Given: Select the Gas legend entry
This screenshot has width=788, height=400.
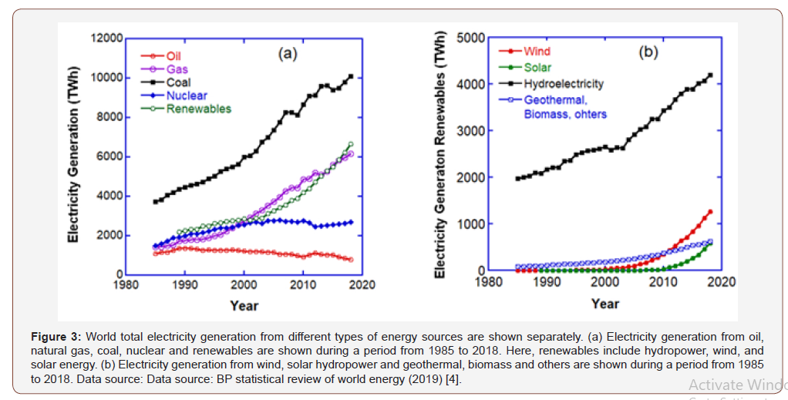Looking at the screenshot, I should (x=177, y=69).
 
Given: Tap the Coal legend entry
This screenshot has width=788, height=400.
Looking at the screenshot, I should (x=178, y=82).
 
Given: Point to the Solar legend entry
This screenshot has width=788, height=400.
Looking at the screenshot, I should (x=537, y=67).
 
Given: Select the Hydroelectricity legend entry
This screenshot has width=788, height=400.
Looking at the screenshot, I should (x=563, y=83).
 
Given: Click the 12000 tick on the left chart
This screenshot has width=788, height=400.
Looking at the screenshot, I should (x=106, y=39).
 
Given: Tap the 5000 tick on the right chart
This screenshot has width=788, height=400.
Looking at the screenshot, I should (x=470, y=38).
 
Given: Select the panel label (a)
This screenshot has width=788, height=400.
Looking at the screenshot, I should (x=288, y=53).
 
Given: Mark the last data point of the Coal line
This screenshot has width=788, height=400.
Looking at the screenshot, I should (x=351, y=76).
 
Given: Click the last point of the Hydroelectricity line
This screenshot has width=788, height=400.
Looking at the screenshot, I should (x=710, y=75).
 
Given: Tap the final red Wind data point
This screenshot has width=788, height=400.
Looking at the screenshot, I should (x=710, y=212).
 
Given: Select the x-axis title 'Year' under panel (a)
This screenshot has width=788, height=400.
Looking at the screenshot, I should (x=244, y=306).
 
